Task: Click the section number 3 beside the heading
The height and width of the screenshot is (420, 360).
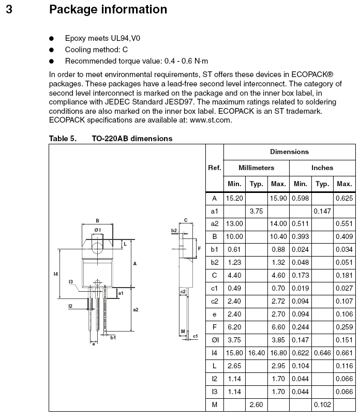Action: [9, 9]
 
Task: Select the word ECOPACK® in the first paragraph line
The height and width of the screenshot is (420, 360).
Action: [312, 74]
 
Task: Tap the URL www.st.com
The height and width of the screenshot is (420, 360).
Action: [211, 120]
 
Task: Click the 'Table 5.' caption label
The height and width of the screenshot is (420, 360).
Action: [63, 139]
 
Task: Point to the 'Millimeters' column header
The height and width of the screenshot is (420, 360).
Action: [257, 168]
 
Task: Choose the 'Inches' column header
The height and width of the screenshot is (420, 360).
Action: [322, 168]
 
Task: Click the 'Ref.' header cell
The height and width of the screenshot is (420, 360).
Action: [215, 168]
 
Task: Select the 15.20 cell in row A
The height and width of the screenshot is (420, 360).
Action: [234, 199]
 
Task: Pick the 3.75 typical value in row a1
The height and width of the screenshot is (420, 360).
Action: [257, 212]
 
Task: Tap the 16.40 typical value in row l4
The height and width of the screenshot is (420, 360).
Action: [257, 353]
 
